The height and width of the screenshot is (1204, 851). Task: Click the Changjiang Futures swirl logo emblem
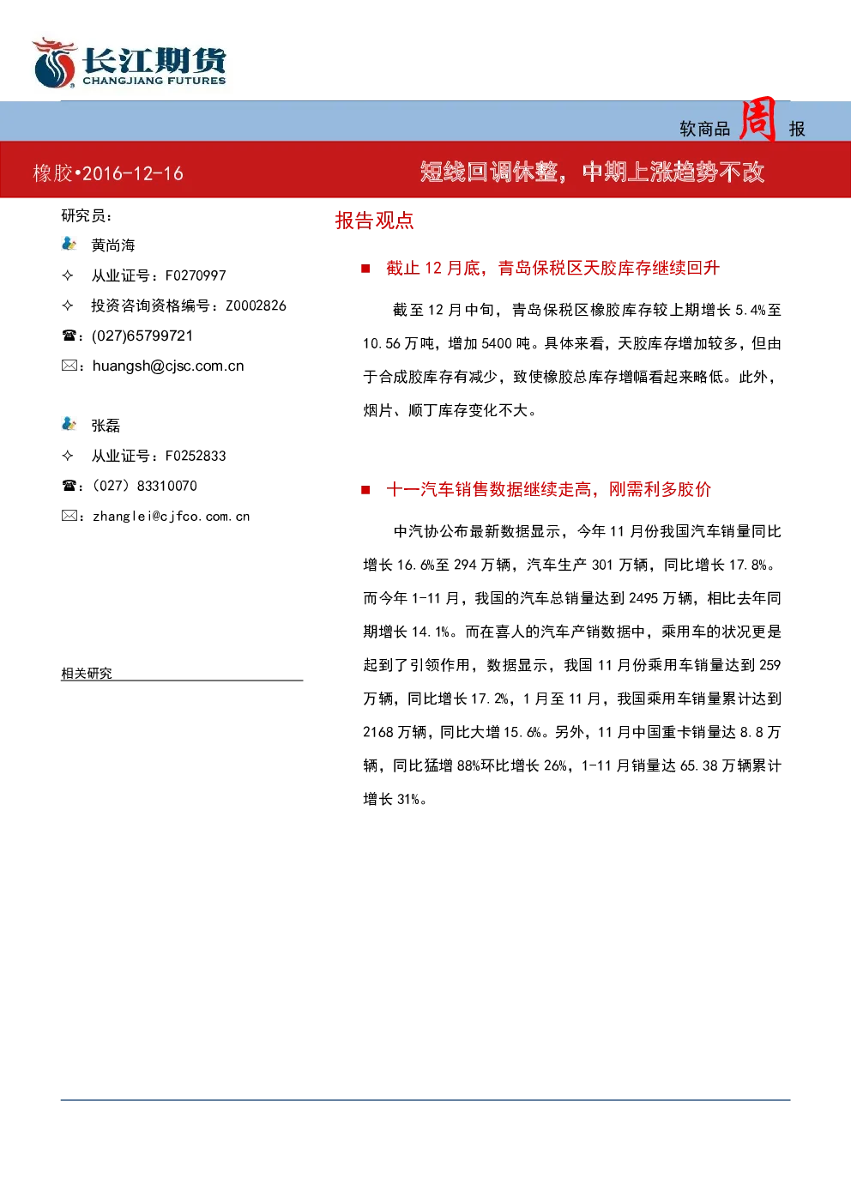click(54, 63)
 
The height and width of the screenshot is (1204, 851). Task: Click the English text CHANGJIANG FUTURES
click(154, 81)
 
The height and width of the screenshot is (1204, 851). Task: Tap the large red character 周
click(757, 118)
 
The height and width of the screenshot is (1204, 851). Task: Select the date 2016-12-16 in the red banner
click(133, 173)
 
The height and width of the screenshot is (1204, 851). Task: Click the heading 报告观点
click(375, 221)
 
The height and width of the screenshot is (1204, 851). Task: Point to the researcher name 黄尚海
click(113, 245)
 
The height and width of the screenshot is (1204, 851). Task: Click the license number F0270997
click(196, 275)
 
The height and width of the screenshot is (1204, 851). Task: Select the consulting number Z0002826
click(256, 306)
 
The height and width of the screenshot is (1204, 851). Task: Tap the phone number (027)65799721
click(142, 336)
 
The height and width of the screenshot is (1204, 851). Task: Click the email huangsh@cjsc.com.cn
click(168, 366)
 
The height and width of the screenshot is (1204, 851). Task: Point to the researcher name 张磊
click(106, 426)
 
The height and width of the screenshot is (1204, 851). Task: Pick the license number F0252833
click(196, 456)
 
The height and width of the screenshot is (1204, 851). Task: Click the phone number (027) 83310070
click(145, 486)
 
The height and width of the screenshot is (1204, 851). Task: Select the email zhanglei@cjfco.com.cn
click(172, 517)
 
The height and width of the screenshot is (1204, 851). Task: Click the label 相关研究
click(87, 673)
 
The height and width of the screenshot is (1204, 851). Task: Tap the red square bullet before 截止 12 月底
click(365, 269)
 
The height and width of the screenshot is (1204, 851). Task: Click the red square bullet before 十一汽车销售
click(365, 490)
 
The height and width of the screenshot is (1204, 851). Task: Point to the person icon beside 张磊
click(69, 424)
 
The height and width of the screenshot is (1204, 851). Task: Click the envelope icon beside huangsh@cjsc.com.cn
click(69, 366)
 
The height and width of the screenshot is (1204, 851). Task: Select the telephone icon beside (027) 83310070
click(69, 486)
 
